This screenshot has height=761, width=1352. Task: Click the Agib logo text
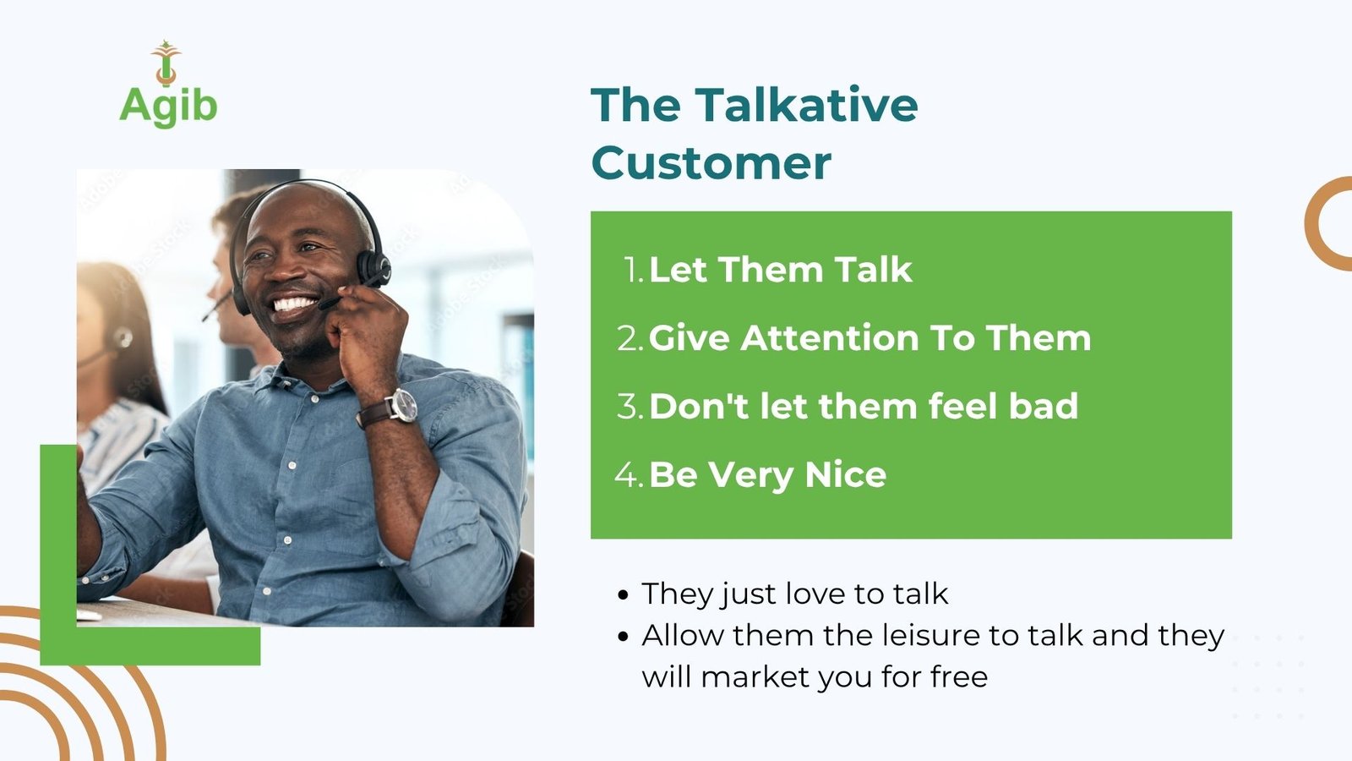pos(168,107)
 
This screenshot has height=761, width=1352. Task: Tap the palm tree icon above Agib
pos(166,63)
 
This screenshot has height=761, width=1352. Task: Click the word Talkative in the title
pos(806,105)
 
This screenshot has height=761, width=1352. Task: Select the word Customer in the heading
pos(711,163)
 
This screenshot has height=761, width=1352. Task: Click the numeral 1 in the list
pos(630,270)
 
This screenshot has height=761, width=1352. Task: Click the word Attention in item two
pos(829,337)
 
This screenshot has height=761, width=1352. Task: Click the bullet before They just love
pos(624,595)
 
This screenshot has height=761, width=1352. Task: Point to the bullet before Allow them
pos(624,636)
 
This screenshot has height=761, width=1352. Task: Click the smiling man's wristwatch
pos(401,406)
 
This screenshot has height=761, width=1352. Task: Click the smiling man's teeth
pos(295,304)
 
